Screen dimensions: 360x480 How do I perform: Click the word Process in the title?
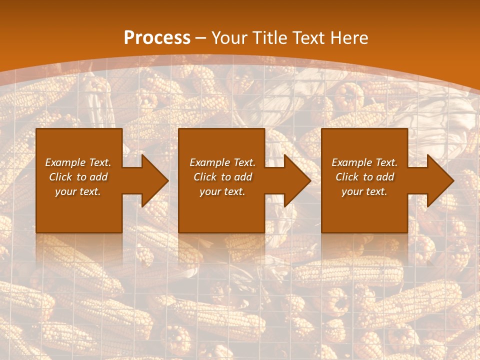pos(157,38)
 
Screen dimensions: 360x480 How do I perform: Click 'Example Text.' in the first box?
pos(78,162)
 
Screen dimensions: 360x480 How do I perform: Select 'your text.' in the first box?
pos(78,191)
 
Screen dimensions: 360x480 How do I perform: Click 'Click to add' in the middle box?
pos(222,177)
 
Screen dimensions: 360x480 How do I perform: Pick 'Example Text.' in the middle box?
pos(222,162)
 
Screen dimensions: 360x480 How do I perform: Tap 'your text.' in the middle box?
pos(222,191)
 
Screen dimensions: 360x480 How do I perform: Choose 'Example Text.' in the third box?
pos(364,162)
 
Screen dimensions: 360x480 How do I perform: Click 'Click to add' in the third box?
pos(364,177)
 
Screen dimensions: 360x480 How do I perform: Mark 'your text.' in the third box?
pos(364,191)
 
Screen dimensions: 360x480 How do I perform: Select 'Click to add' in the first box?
pos(78,177)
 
